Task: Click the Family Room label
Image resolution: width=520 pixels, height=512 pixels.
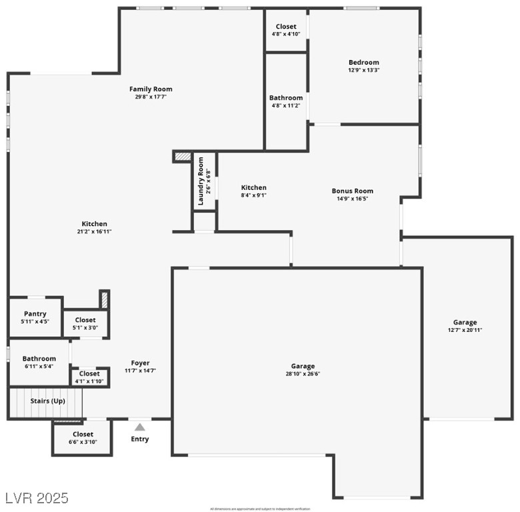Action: pyautogui.click(x=151, y=89)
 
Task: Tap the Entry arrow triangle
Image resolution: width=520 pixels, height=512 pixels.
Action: pyautogui.click(x=140, y=427)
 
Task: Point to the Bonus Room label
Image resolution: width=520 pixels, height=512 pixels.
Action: pyautogui.click(x=353, y=191)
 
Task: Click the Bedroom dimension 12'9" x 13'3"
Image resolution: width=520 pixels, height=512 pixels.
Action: pyautogui.click(x=363, y=70)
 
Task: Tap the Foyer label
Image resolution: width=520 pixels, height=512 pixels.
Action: pyautogui.click(x=140, y=363)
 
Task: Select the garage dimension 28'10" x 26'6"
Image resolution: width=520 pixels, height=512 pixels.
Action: pyautogui.click(x=303, y=374)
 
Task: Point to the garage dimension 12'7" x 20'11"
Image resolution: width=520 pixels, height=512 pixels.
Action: pyautogui.click(x=465, y=330)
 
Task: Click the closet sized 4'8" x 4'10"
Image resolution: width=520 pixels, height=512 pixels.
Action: pyautogui.click(x=286, y=31)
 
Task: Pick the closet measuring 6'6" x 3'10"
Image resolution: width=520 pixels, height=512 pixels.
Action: pyautogui.click(x=83, y=438)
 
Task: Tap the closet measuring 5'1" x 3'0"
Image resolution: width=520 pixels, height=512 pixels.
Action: pyautogui.click(x=85, y=324)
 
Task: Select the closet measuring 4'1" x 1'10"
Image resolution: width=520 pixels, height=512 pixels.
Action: pyautogui.click(x=89, y=377)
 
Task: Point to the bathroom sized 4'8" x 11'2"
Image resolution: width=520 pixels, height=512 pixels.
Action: pyautogui.click(x=286, y=102)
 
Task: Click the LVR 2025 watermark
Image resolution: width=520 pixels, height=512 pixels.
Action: pyautogui.click(x=36, y=498)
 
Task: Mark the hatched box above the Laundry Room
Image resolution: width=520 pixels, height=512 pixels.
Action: pyautogui.click(x=182, y=157)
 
